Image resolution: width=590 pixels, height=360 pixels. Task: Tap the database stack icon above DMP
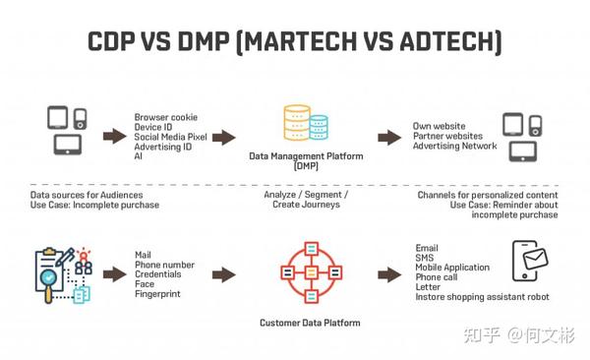[305, 125]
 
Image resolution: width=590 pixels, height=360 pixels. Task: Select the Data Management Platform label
[306, 155]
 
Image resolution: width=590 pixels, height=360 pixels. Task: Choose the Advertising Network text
[454, 147]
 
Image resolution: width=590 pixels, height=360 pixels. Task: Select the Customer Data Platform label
[309, 322]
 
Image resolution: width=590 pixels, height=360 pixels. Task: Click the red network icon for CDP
[309, 271]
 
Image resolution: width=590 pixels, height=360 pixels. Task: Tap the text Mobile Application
[452, 268]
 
